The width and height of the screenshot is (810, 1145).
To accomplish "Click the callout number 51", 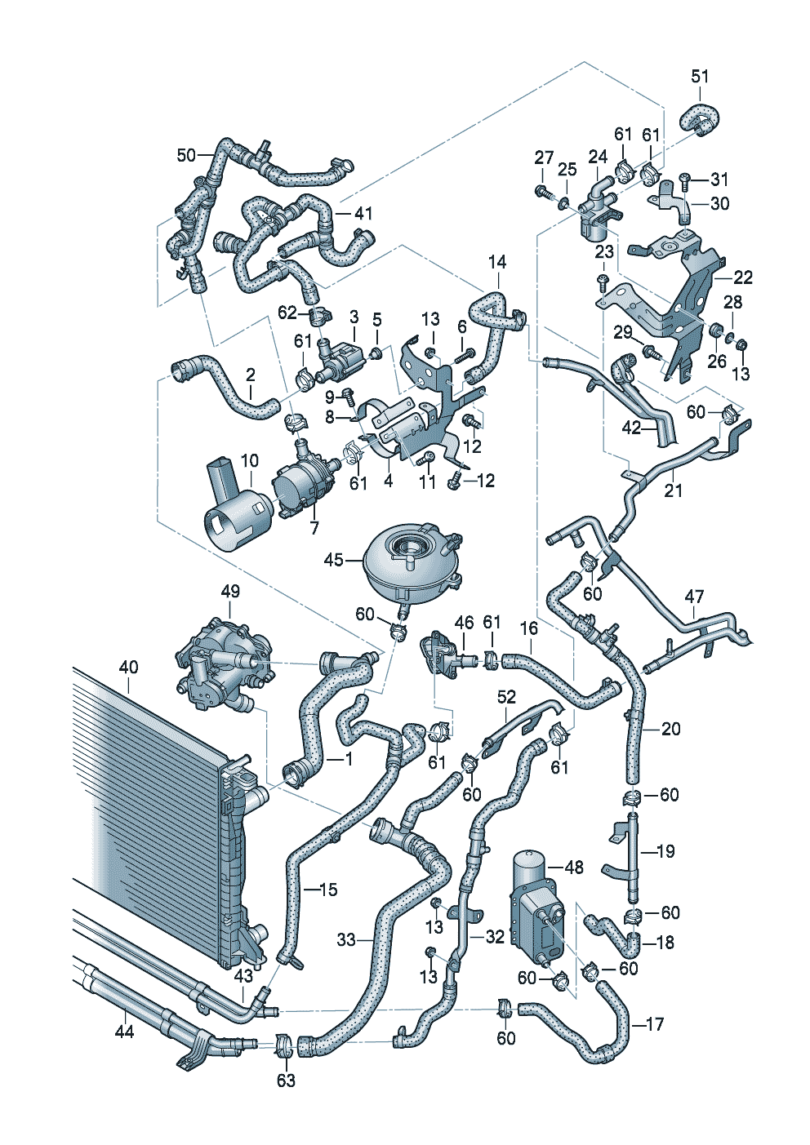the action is tap(700, 76).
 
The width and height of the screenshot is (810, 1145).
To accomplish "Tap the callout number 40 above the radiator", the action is tap(128, 667).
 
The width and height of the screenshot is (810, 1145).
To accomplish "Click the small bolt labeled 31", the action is tap(686, 180).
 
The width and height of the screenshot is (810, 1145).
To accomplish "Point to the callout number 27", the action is tap(543, 158).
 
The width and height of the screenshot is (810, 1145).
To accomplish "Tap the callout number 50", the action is tap(186, 155).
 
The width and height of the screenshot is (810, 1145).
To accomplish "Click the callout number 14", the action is tap(496, 262).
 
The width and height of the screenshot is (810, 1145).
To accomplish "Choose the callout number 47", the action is tap(694, 596).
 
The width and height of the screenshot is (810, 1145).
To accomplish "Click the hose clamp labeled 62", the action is tap(319, 317).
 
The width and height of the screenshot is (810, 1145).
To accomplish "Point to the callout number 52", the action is tap(506, 697).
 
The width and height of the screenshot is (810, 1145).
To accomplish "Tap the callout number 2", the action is tap(250, 375).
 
